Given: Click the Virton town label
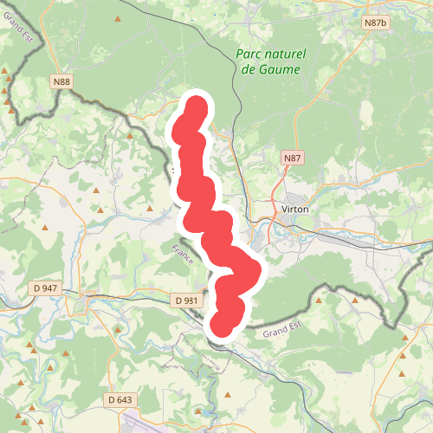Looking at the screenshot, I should tap(295, 210).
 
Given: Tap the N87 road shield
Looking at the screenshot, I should tap(293, 158).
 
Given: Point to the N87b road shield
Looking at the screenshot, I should tap(375, 23).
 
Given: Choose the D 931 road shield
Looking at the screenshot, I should tap(186, 300).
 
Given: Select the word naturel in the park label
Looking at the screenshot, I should tap(285, 55).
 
